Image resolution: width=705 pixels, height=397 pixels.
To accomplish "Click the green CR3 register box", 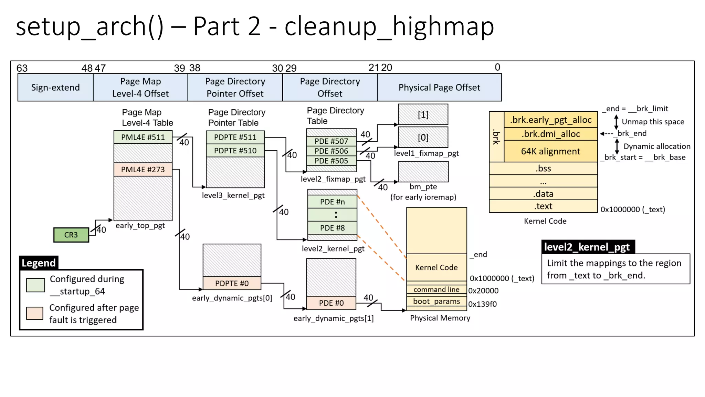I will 71,235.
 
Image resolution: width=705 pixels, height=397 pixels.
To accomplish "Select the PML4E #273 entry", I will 143,169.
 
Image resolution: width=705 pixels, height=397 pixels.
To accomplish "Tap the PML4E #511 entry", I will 143,137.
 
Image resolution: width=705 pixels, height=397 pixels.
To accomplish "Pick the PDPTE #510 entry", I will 235,151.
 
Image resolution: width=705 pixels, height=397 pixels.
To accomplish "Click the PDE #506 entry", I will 331,151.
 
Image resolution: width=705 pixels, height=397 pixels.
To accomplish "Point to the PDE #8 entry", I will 332,228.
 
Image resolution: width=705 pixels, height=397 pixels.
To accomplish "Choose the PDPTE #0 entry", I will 232,283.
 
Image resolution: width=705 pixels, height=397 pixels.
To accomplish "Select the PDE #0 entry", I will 331,303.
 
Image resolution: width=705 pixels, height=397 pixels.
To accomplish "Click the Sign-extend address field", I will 55,88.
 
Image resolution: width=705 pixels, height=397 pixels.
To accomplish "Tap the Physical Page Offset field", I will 439,88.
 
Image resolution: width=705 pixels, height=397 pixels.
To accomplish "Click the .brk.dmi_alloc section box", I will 550,134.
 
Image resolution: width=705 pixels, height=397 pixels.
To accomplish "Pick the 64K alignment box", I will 550,151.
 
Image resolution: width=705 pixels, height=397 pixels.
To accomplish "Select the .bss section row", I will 543,169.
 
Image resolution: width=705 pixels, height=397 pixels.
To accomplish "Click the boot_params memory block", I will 436,301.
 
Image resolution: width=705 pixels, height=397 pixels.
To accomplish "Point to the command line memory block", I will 436,289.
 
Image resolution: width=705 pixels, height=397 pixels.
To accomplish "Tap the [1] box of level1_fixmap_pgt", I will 423,114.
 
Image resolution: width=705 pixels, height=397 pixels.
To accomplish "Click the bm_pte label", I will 423,186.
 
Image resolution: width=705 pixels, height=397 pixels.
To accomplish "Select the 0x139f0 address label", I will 482,304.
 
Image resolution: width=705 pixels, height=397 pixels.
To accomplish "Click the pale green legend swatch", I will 35,285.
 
